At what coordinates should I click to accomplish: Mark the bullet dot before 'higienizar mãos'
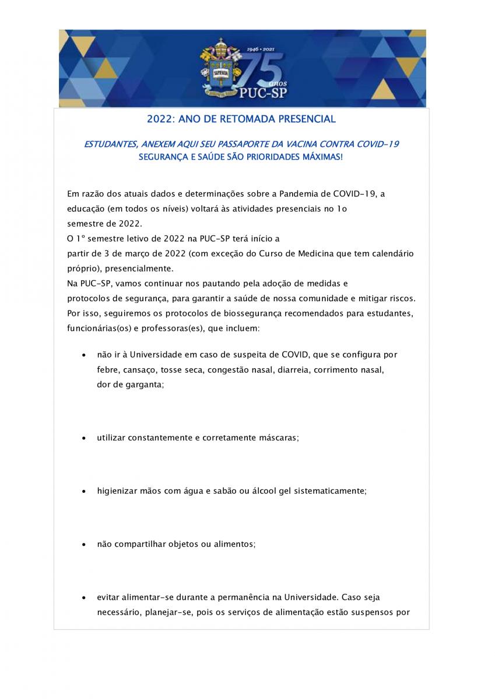point(85,492)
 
